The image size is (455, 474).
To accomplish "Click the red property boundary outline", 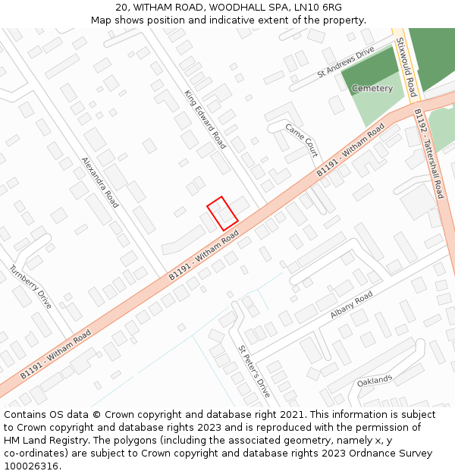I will pyautogui.click(x=222, y=213).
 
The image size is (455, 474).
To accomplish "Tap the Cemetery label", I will pyautogui.click(x=372, y=89).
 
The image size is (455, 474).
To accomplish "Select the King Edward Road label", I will pyautogui.click(x=205, y=119).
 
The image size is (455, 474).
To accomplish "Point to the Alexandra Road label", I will pyautogui.click(x=100, y=182).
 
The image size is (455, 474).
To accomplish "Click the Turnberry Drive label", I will pyautogui.click(x=30, y=286).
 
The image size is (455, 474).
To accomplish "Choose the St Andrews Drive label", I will pyautogui.click(x=346, y=62).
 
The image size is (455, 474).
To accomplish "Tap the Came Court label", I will pyautogui.click(x=301, y=140).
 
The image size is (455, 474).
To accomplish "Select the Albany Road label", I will pyautogui.click(x=351, y=304).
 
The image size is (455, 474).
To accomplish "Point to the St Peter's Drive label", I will pyautogui.click(x=254, y=372).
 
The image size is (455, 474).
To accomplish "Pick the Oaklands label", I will pyautogui.click(x=375, y=379).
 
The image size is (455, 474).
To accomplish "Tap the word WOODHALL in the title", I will pyautogui.click(x=209, y=8).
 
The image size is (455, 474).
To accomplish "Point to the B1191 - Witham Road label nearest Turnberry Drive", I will pyautogui.click(x=55, y=354).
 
